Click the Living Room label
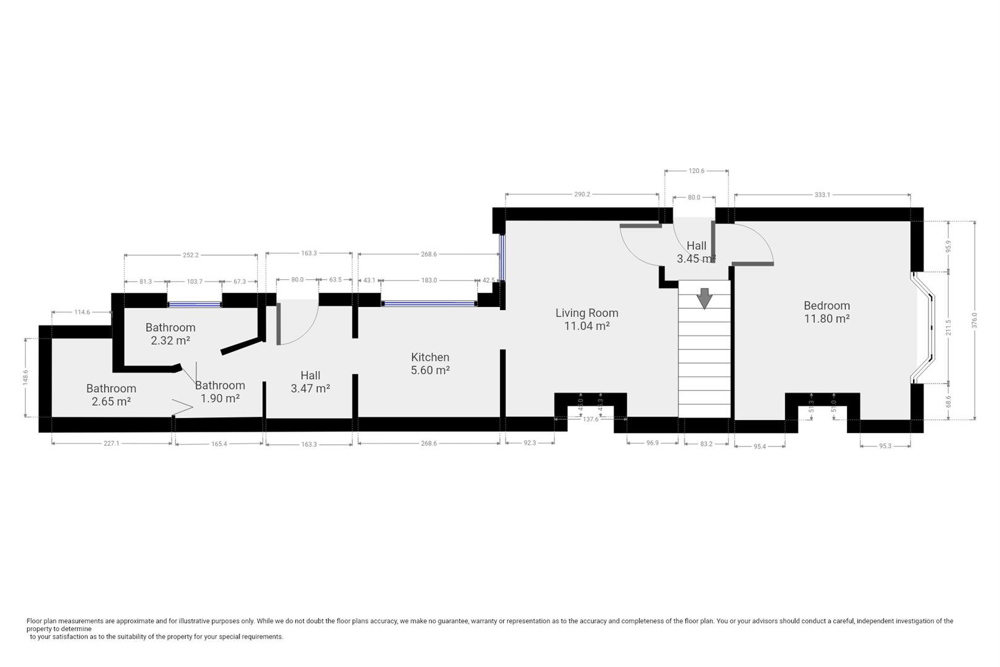586,313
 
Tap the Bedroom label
827,306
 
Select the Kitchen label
430,357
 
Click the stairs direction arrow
704,298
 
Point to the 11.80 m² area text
827,319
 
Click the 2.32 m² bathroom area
170,340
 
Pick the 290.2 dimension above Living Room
582,195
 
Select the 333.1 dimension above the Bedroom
822,195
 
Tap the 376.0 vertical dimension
975,321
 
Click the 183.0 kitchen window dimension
429,280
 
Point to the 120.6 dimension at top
696,170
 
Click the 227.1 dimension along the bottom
112,443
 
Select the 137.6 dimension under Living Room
591,419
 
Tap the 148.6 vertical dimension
25,377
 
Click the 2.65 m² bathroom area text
111,401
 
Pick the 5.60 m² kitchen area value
430,370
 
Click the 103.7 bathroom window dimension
194,282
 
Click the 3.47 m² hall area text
310,388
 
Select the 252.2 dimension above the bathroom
191,255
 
